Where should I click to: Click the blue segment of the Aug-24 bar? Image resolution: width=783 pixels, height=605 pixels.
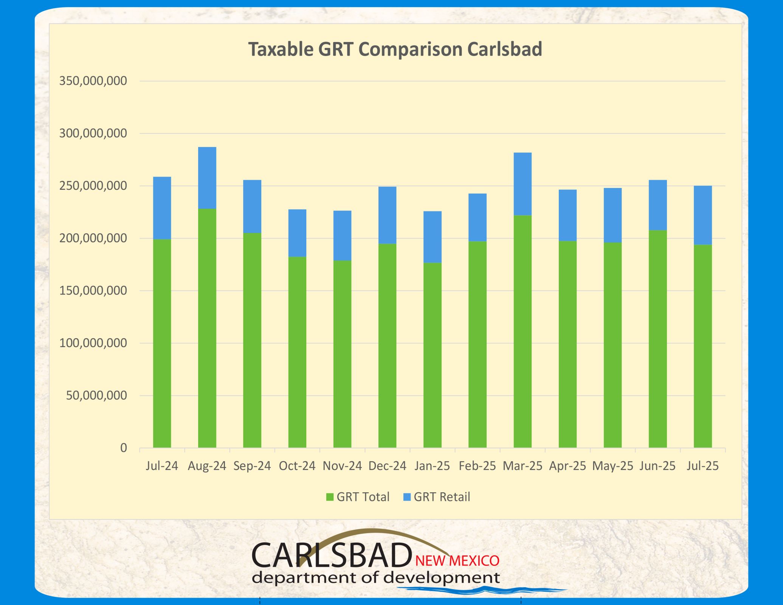[x=207, y=178]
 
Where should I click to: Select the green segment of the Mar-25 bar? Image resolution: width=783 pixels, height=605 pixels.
[x=523, y=331]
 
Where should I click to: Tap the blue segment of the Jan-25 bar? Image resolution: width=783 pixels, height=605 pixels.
[x=432, y=237]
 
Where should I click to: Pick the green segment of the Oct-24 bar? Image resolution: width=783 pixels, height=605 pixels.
[x=297, y=352]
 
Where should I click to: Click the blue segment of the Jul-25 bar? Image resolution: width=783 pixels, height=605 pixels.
[x=702, y=215]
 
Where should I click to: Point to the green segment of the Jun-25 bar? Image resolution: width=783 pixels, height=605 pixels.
[x=657, y=339]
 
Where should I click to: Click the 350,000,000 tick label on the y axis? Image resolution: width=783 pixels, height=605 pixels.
[x=93, y=81]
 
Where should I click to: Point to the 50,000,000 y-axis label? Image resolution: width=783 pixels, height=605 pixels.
[x=96, y=396]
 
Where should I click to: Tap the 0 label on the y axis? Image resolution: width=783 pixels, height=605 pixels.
[x=124, y=448]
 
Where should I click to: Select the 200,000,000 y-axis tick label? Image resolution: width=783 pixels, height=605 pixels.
[x=93, y=238]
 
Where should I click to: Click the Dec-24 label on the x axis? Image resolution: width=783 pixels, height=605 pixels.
[x=387, y=466]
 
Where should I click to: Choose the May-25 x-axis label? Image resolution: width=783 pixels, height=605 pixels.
[x=612, y=466]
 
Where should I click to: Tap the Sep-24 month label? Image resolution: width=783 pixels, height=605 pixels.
[x=252, y=466]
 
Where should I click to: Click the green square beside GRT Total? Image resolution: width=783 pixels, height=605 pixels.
[x=330, y=497]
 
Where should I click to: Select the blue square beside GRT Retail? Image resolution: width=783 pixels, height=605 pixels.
[x=407, y=497]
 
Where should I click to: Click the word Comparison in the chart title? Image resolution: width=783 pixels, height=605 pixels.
[x=410, y=50]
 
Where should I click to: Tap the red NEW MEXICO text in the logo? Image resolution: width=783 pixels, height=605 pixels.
[x=457, y=561]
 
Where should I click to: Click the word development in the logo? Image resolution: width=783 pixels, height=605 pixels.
[x=441, y=578]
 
